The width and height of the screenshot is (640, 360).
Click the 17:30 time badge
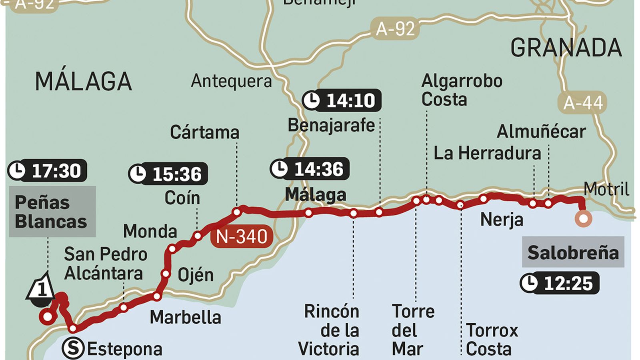coord(47,171)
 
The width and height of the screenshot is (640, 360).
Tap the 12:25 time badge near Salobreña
coord(560,283)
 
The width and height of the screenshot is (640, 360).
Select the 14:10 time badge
coord(342,100)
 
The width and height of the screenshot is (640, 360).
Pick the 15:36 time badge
coord(168,174)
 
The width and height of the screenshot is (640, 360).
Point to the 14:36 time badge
coord(310,169)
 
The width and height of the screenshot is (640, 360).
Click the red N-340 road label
coord(242,237)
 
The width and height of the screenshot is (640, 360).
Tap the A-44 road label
coord(582,103)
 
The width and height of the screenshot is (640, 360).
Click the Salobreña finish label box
coord(573,252)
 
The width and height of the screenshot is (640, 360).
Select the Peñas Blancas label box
coord(52,212)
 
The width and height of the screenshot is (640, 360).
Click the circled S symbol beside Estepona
coord(73,348)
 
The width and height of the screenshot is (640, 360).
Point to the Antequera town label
coord(231,81)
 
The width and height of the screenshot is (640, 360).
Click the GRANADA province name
coord(566,48)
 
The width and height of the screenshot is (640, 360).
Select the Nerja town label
coord(502,219)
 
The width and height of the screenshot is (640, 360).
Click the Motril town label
coord(606,189)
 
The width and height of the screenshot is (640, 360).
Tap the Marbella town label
coord(185,317)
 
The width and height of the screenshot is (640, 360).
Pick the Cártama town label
coord(204,132)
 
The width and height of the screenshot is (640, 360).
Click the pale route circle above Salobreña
coord(583,219)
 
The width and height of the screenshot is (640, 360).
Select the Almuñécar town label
coord(541,132)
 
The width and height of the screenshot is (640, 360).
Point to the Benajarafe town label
coord(331,126)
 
